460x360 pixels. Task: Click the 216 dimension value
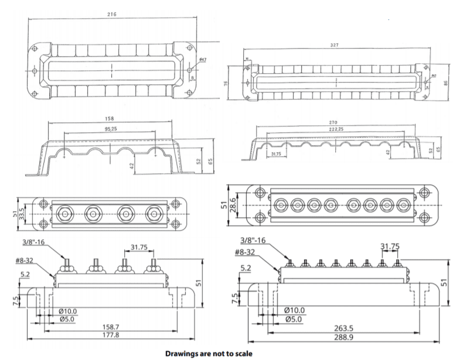111,13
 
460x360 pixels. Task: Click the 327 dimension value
335,45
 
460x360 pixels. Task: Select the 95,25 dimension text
110,128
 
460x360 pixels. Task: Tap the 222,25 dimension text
336,128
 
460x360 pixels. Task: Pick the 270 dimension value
335,122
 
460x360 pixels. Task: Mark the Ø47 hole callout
202,60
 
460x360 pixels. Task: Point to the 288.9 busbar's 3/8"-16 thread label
254,239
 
